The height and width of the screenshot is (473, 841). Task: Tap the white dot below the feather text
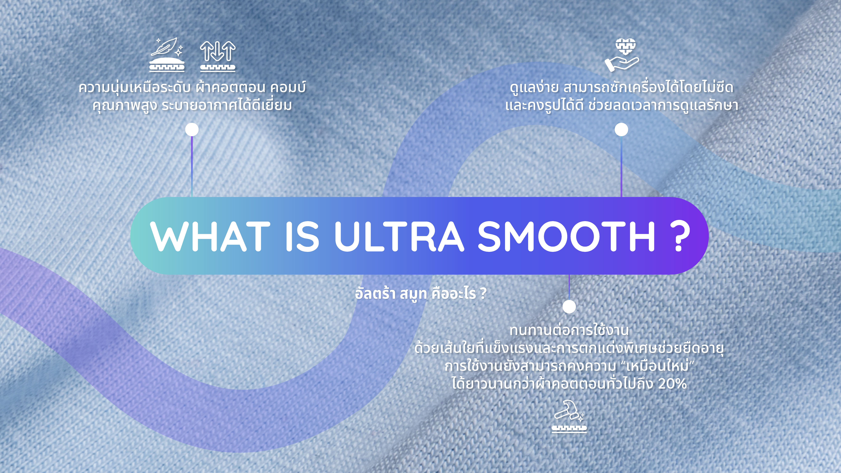click(192, 130)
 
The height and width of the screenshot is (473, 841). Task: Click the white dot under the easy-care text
click(621, 130)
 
